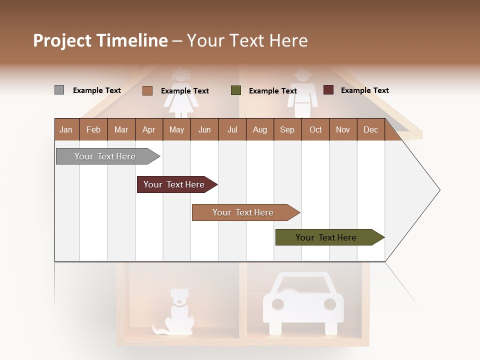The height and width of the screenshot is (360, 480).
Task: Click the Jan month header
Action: [66, 129]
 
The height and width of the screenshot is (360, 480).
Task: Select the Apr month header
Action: [148, 129]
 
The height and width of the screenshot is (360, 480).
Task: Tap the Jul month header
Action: [232, 129]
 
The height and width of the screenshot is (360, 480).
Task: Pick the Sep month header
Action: [287, 129]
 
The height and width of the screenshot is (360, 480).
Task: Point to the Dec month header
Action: [370, 129]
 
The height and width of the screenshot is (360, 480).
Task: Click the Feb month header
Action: [93, 129]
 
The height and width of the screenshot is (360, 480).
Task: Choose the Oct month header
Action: [315, 129]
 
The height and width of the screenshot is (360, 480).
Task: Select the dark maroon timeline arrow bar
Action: [175, 184]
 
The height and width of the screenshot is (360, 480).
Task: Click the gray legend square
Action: [59, 90]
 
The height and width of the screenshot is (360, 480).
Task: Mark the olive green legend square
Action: [236, 90]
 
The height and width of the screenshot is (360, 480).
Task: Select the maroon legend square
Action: [328, 90]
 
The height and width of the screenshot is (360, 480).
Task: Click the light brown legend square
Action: [147, 90]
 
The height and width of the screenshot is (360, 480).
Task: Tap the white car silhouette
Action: [303, 302]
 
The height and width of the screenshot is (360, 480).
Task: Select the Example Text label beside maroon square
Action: [364, 90]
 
